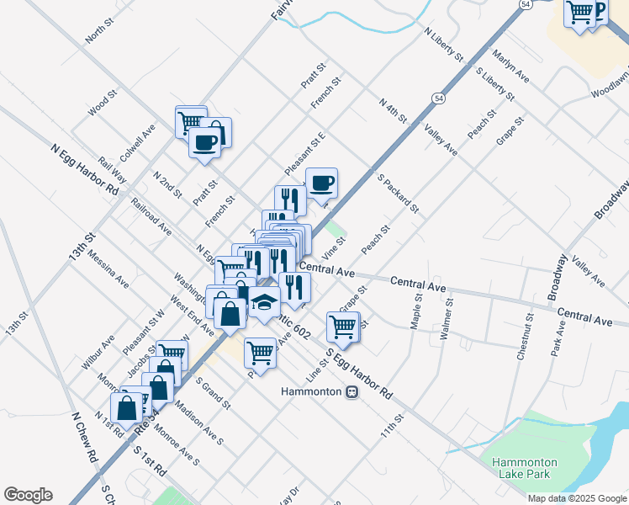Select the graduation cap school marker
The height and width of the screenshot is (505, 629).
pyautogui.click(x=264, y=301)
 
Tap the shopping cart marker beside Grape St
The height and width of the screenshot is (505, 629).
pyautogui.click(x=342, y=325)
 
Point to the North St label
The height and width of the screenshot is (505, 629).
pyautogui.click(x=98, y=33)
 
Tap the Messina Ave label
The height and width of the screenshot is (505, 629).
pyautogui.click(x=108, y=268)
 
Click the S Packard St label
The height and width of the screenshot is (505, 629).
pyautogui.click(x=398, y=194)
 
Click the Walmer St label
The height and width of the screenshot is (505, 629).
pyautogui.click(x=447, y=318)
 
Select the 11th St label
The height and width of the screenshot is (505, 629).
pyautogui.click(x=393, y=427)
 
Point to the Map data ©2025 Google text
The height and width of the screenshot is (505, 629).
pyautogui.click(x=577, y=498)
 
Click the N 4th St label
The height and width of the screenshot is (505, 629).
pyautogui.click(x=393, y=109)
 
